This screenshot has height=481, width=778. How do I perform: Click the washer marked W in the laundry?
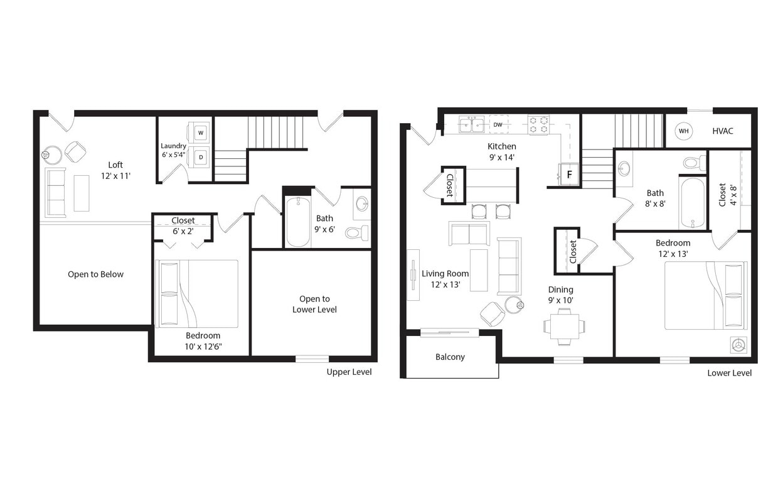201,132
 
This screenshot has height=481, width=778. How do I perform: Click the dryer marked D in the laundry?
201,157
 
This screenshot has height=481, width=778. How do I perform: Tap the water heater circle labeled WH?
683,131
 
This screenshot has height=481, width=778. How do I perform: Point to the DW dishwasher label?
498,124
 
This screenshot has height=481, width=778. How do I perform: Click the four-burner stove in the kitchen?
538,124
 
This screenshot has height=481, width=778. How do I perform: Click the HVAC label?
722,131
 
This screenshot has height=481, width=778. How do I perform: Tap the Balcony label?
450,357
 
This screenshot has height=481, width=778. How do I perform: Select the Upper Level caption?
349,372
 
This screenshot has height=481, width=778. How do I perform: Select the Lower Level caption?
729,373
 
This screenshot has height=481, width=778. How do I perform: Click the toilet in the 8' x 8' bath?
693,163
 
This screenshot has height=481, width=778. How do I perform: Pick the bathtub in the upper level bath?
298,222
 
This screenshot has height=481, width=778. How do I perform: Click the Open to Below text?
95,274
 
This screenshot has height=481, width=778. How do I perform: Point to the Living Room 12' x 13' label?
445,279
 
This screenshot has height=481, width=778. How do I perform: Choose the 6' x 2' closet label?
183,226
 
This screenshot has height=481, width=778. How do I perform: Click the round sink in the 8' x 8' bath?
624,168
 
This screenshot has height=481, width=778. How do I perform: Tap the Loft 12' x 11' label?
115,170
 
